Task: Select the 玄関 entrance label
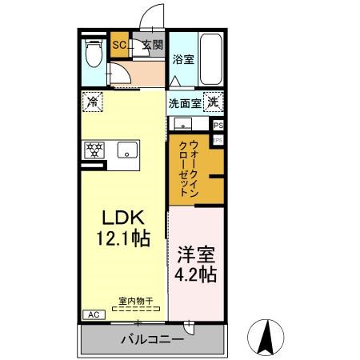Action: point(152,45)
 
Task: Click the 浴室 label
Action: point(182,58)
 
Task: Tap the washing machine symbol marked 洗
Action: point(213,102)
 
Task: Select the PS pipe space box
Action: point(218,126)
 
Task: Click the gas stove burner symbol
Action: point(95,150)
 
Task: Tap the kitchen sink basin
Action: point(126,150)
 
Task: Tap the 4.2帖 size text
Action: point(196,274)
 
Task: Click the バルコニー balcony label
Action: point(152,339)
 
